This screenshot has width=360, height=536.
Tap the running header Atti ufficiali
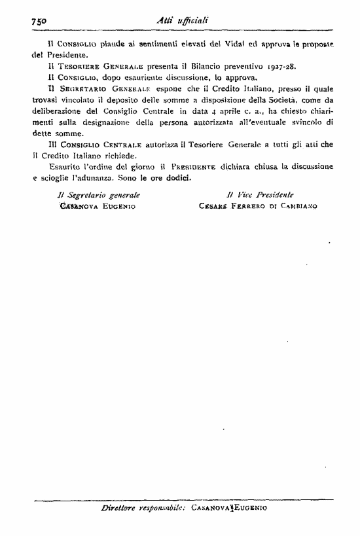(x=183, y=20)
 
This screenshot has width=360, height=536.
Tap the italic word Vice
(x=244, y=194)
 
